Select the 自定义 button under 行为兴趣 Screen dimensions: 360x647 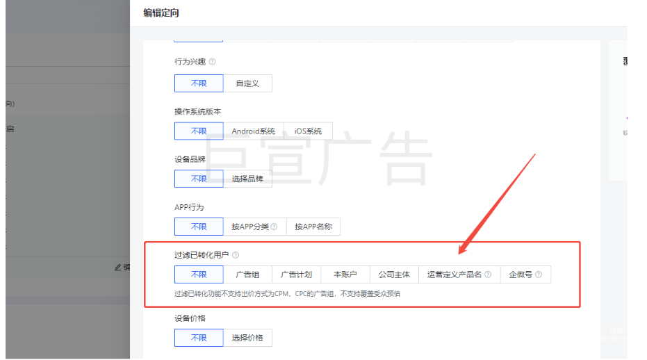click(x=247, y=83)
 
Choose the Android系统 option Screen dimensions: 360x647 click(x=254, y=131)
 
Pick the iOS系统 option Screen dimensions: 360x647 click(x=308, y=131)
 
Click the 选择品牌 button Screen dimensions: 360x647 click(x=247, y=179)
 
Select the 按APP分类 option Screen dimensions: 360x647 click(x=254, y=227)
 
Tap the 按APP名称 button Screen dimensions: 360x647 click(x=313, y=227)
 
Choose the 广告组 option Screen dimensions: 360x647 click(x=247, y=275)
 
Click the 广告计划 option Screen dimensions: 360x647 click(x=296, y=275)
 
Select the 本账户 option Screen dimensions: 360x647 click(x=345, y=275)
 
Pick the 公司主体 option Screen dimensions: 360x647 click(x=393, y=275)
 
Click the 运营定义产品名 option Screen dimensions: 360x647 click(x=459, y=275)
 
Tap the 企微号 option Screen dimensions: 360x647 click(x=525, y=275)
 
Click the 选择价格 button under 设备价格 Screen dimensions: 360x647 click(x=247, y=338)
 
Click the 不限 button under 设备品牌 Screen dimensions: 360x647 click(x=199, y=179)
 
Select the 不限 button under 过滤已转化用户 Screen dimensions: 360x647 click(x=199, y=275)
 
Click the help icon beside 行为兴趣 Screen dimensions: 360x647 click(x=212, y=62)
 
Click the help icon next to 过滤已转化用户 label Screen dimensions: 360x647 click(x=236, y=255)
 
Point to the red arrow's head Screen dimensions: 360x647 click(x=460, y=252)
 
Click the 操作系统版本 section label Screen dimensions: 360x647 click(x=197, y=111)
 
